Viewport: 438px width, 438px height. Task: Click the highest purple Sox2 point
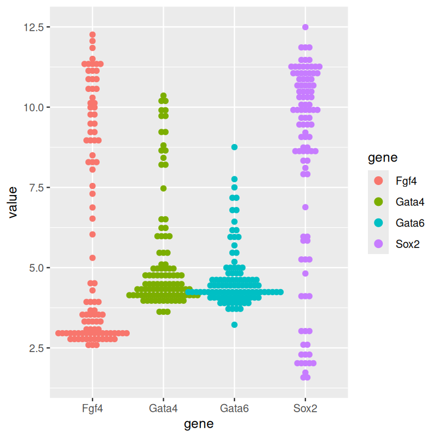point(306,27)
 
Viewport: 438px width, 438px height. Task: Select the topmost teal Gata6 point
point(234,147)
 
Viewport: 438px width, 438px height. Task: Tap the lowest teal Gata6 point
point(234,325)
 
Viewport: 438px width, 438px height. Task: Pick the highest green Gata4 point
point(163,95)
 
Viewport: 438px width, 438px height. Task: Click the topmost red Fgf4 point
point(93,34)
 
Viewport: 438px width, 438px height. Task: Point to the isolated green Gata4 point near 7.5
point(163,188)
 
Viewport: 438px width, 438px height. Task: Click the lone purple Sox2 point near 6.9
point(306,207)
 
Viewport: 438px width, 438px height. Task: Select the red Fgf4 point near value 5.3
point(93,258)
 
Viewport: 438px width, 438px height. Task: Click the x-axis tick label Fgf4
point(92,408)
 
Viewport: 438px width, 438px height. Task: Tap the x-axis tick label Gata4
point(163,408)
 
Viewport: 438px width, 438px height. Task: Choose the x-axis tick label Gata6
point(234,408)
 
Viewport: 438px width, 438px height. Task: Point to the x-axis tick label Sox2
point(306,408)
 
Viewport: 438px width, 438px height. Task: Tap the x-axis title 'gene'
point(199,424)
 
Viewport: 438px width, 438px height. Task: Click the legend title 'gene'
point(382,158)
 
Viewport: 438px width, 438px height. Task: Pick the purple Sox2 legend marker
point(378,244)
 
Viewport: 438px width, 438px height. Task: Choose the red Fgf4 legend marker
point(378,180)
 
